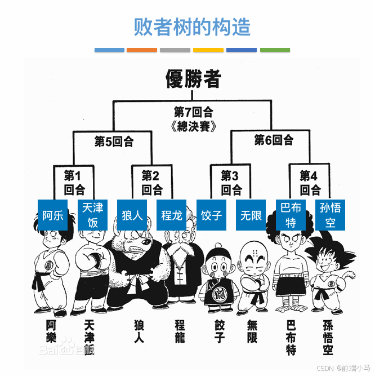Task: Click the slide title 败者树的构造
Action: click(192, 26)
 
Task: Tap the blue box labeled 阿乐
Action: click(53, 215)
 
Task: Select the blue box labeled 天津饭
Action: click(92, 215)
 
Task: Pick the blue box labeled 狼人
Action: click(132, 215)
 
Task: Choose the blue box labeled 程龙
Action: click(171, 215)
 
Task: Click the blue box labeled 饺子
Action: click(211, 215)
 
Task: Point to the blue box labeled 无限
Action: click(251, 215)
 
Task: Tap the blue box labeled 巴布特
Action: click(291, 215)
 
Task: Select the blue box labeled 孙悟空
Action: click(330, 215)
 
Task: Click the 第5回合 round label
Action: click(114, 140)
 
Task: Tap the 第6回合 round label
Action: click(274, 139)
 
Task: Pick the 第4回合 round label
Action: click(310, 182)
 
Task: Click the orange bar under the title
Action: click(142, 50)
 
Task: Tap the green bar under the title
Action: click(275, 50)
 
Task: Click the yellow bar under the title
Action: click(208, 50)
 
